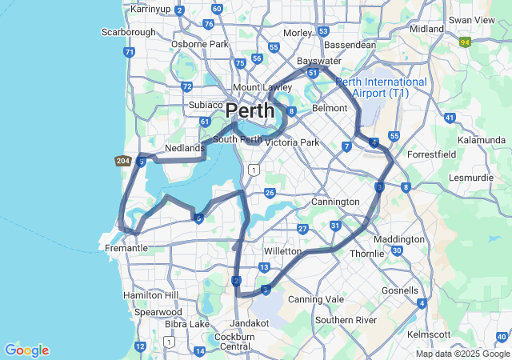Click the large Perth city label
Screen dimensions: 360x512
[250, 110]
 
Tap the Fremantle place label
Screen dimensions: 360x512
[126, 248]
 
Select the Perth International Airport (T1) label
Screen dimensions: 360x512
[382, 88]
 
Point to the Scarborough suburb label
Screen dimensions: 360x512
[128, 32]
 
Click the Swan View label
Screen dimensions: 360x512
[471, 19]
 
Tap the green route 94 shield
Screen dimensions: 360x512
[465, 42]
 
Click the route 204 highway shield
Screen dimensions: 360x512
[122, 161]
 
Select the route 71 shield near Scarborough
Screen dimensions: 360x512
[129, 52]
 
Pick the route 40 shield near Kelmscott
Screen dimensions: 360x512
[502, 337]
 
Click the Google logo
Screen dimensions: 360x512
[26, 350]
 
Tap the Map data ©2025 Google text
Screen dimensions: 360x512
[462, 354]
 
